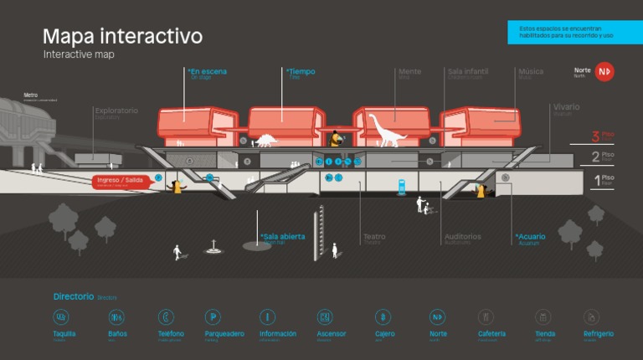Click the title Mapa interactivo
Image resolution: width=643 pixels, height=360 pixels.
(x=122, y=37)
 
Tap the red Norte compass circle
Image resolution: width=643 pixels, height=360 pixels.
(x=604, y=72)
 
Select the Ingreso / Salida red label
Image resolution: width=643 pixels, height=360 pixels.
(x=121, y=181)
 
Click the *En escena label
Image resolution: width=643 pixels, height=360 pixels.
(x=207, y=72)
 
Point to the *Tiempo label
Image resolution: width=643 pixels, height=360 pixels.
(x=301, y=72)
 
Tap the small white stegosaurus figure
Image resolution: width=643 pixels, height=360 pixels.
(x=265, y=140)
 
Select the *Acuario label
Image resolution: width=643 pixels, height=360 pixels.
(x=531, y=237)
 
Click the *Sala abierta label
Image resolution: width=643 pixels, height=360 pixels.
(x=283, y=237)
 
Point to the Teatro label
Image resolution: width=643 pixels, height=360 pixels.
(x=374, y=237)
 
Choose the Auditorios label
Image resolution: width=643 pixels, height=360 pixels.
(x=463, y=237)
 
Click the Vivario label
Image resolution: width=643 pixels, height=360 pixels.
(x=566, y=107)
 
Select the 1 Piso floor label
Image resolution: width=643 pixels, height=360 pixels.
(x=604, y=178)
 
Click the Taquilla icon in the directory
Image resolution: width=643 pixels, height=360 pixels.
(x=61, y=317)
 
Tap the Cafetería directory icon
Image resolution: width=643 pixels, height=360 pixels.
(x=486, y=317)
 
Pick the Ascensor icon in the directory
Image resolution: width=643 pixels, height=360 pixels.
(x=325, y=317)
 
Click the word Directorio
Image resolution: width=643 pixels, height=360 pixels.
(x=74, y=296)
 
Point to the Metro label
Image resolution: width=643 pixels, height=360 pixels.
(x=31, y=95)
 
